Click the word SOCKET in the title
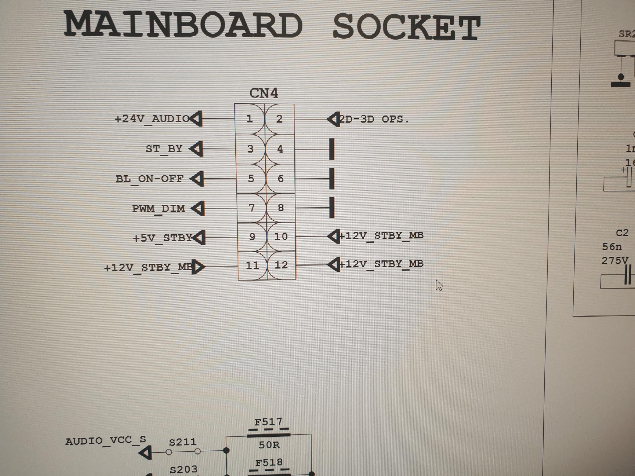[x=406, y=27]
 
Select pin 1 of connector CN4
[x=250, y=119]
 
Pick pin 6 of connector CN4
[x=280, y=179]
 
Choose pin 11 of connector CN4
[x=252, y=265]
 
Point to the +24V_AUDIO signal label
[x=152, y=119]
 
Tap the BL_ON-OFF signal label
[x=150, y=179]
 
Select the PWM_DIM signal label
[x=159, y=209]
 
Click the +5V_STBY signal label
[x=163, y=238]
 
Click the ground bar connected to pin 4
[x=331, y=149]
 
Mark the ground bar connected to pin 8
[x=331, y=208]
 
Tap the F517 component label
[x=268, y=422]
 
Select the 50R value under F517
[x=269, y=445]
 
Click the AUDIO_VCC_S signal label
[x=106, y=441]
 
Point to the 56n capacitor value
[x=612, y=247]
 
